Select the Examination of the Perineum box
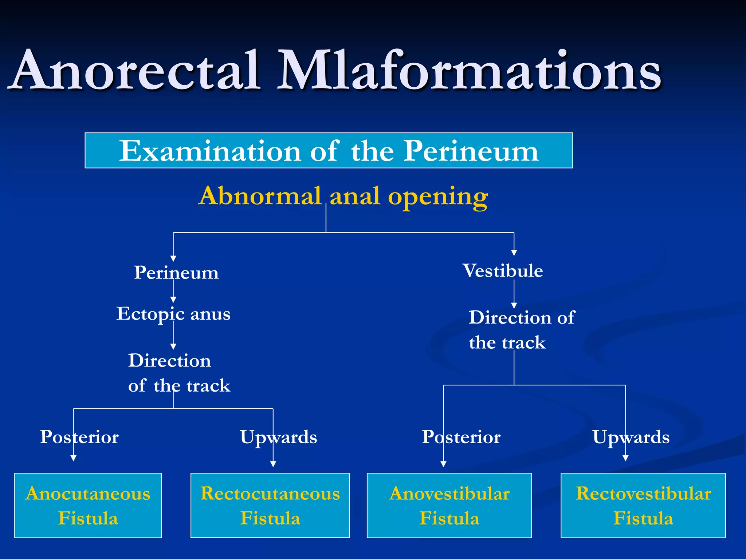[329, 151]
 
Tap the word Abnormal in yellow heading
[260, 197]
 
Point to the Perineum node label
[176, 273]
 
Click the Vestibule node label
[503, 271]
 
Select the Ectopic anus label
[173, 314]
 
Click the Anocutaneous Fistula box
[88, 506]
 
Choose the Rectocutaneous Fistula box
[270, 506]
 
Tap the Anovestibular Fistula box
[449, 506]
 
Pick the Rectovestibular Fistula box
[643, 506]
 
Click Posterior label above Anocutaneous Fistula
[79, 437]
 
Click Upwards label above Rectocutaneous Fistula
[278, 437]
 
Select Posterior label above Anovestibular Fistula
[461, 437]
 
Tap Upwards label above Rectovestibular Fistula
[631, 437]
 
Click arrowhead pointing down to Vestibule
[514, 253]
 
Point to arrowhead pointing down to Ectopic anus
[173, 300]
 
